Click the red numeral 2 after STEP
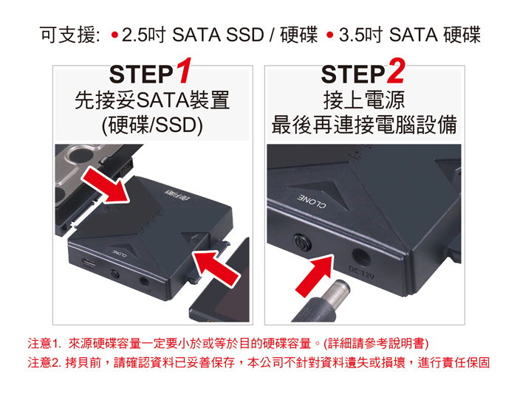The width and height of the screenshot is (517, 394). coord(396,71)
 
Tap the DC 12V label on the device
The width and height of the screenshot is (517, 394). coord(361,273)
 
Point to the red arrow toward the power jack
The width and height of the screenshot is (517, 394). coord(314,274)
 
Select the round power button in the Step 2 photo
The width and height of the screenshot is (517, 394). coord(302,243)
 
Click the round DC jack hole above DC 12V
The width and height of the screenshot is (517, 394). coord(362,256)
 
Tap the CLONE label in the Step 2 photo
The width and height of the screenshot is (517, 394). coord(312,201)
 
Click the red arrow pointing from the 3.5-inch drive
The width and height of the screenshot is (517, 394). coord(106,184)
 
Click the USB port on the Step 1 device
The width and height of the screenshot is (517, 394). coord(89,263)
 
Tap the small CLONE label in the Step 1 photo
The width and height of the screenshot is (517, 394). coord(118,253)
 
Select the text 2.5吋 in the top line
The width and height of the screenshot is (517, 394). coord(143,35)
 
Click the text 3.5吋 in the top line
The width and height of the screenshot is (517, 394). coord(360,35)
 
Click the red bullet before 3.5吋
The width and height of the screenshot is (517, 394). coord(329,35)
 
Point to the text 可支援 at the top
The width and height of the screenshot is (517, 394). coord(68,35)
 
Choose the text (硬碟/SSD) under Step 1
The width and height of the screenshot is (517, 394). coord(152,126)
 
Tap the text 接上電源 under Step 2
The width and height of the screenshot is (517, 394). coord(364,100)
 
